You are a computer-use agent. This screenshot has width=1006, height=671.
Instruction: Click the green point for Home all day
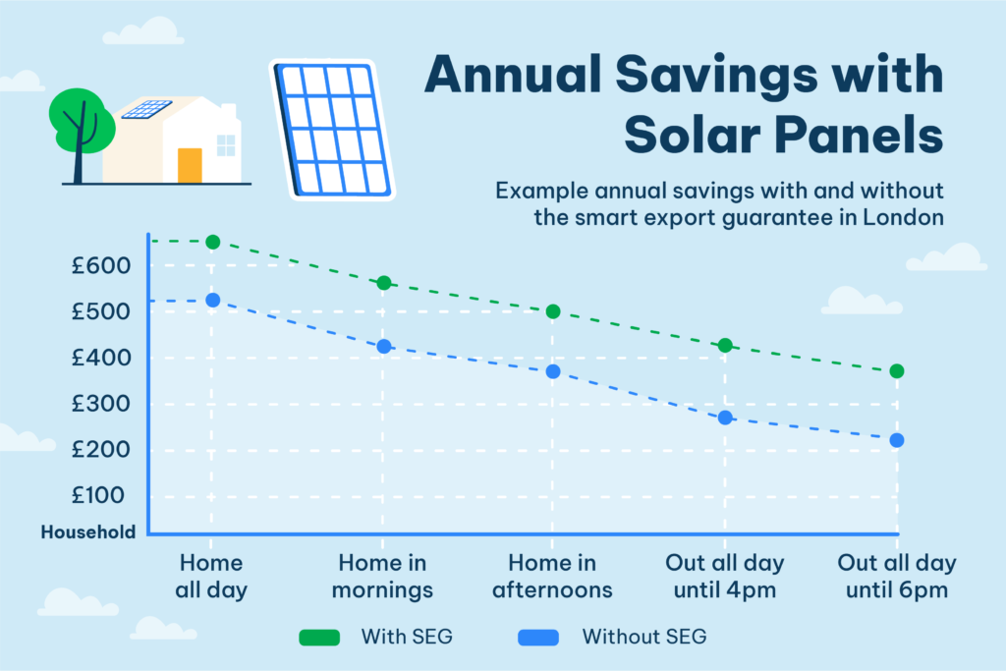click(x=211, y=242)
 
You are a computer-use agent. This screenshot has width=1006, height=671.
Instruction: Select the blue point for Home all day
click(x=211, y=300)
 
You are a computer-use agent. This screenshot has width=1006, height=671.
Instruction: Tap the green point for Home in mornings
click(x=384, y=283)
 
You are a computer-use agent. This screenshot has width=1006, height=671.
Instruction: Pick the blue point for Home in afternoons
click(x=553, y=371)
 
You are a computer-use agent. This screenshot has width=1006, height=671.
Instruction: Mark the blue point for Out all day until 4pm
click(x=725, y=418)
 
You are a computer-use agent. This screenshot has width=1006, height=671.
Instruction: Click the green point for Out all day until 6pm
click(x=896, y=371)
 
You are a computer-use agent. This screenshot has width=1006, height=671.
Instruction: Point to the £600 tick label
click(x=97, y=265)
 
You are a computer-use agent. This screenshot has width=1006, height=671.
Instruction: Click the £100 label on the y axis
click(x=97, y=495)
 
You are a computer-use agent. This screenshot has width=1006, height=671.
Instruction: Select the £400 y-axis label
click(x=97, y=358)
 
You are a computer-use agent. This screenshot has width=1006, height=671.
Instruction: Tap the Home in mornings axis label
click(x=383, y=577)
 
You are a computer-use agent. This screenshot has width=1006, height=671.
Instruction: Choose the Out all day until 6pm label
click(x=896, y=577)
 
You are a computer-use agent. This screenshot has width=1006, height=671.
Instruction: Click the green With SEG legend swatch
click(x=319, y=637)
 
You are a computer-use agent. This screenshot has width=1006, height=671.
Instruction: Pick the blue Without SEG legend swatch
click(x=538, y=637)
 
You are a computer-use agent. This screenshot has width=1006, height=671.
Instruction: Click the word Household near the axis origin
click(x=88, y=532)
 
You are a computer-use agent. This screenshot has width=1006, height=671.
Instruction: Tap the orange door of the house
click(x=190, y=165)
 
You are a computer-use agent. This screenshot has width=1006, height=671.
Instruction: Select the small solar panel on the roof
click(x=146, y=109)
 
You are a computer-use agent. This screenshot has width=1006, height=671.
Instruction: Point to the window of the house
click(x=226, y=145)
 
